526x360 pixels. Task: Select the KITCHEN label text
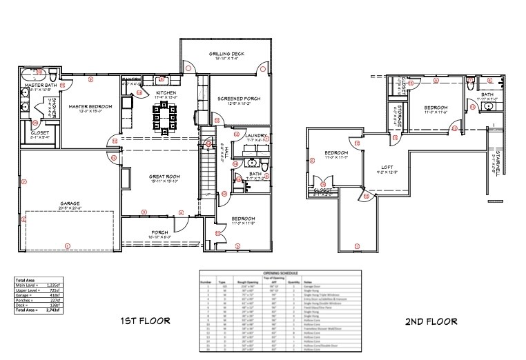tap(166, 92)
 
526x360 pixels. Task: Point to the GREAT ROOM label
tap(164, 177)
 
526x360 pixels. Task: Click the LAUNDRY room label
tap(246, 135)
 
